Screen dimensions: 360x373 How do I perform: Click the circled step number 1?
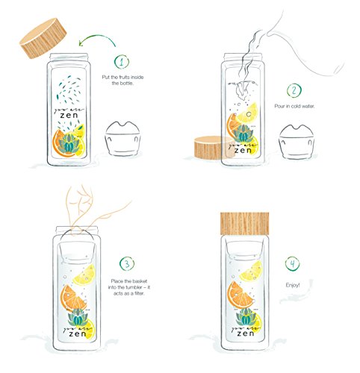pyautogui.click(x=122, y=62)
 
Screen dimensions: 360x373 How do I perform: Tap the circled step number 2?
pyautogui.click(x=294, y=91)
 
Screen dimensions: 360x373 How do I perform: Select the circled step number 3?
pyautogui.click(x=127, y=263)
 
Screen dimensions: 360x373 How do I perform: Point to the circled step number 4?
pyautogui.click(x=293, y=263)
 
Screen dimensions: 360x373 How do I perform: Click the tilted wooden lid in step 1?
pyautogui.click(x=43, y=38)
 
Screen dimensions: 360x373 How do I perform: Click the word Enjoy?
pyautogui.click(x=293, y=285)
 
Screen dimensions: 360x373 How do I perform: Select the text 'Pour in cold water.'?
pyautogui.click(x=294, y=106)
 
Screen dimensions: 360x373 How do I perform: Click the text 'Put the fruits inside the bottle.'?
pyautogui.click(x=122, y=80)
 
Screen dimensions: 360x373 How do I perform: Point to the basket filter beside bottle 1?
pyautogui.click(x=122, y=139)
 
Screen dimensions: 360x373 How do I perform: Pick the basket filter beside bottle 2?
pyautogui.click(x=297, y=141)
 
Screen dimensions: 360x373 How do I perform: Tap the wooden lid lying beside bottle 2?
pyautogui.click(x=214, y=147)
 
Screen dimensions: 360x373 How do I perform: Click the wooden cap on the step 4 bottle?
pyautogui.click(x=244, y=224)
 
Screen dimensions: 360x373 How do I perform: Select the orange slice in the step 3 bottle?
pyautogui.click(x=73, y=298)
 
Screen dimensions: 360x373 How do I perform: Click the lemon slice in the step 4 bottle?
pyautogui.click(x=251, y=271)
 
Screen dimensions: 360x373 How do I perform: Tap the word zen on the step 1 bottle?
pyautogui.click(x=69, y=116)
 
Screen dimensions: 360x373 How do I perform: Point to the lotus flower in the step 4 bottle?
pyautogui.click(x=246, y=317)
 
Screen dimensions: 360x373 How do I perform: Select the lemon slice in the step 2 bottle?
pyautogui.click(x=246, y=113)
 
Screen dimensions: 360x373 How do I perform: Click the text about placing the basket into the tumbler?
pyautogui.click(x=129, y=287)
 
